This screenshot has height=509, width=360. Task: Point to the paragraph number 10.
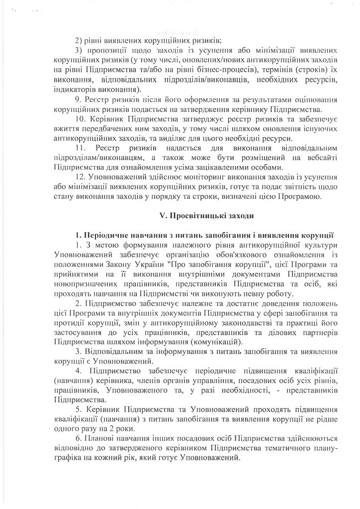coord(79,119)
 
